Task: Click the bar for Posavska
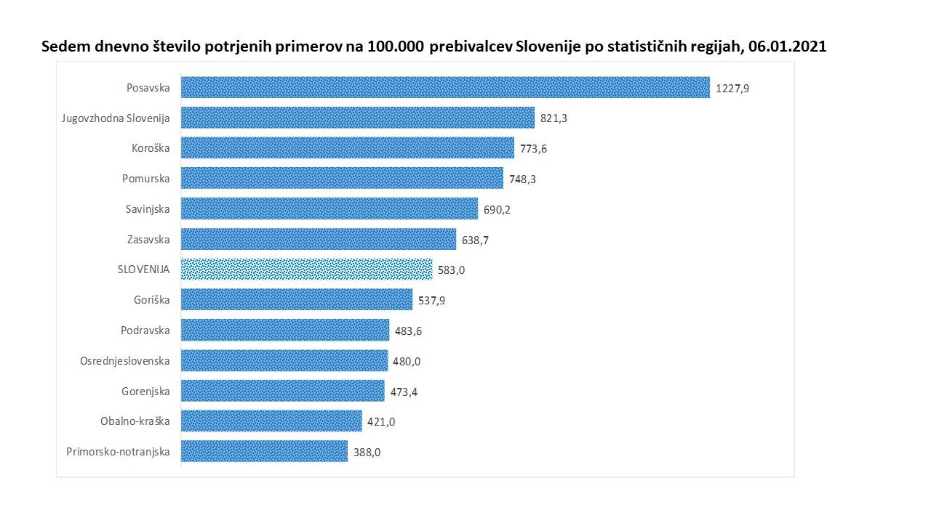pos(445,87)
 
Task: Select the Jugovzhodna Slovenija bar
pos(358,118)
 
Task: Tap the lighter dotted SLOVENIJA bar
pos(306,269)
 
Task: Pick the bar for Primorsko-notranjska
pos(264,451)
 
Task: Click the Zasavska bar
pos(319,239)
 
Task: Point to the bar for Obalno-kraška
pos(271,421)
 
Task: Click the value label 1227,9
pos(732,88)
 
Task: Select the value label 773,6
pos(533,149)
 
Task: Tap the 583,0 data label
pos(451,270)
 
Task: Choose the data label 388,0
pos(367,452)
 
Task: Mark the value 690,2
pos(498,210)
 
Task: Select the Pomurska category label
pos(147,179)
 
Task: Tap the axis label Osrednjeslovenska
pos(124,360)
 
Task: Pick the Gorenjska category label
pos(145,391)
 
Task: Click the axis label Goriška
pos(151,300)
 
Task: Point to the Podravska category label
pos(145,331)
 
